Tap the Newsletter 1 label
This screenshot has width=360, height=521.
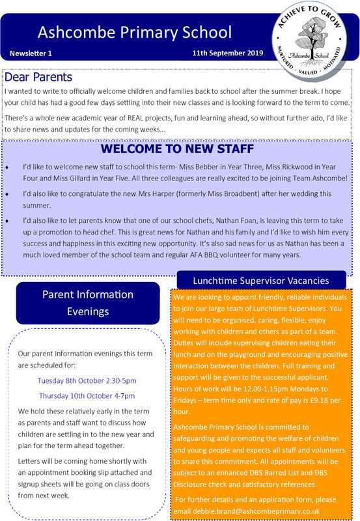coord(31,52)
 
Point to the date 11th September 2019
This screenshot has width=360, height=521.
coord(227,52)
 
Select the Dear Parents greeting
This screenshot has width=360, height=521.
coord(38,77)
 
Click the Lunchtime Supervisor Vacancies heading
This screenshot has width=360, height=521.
coord(260,281)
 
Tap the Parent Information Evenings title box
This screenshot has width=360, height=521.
coord(87,303)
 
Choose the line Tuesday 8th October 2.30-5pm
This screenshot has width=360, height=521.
coord(87,380)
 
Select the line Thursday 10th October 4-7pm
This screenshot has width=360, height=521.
coord(87,395)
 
